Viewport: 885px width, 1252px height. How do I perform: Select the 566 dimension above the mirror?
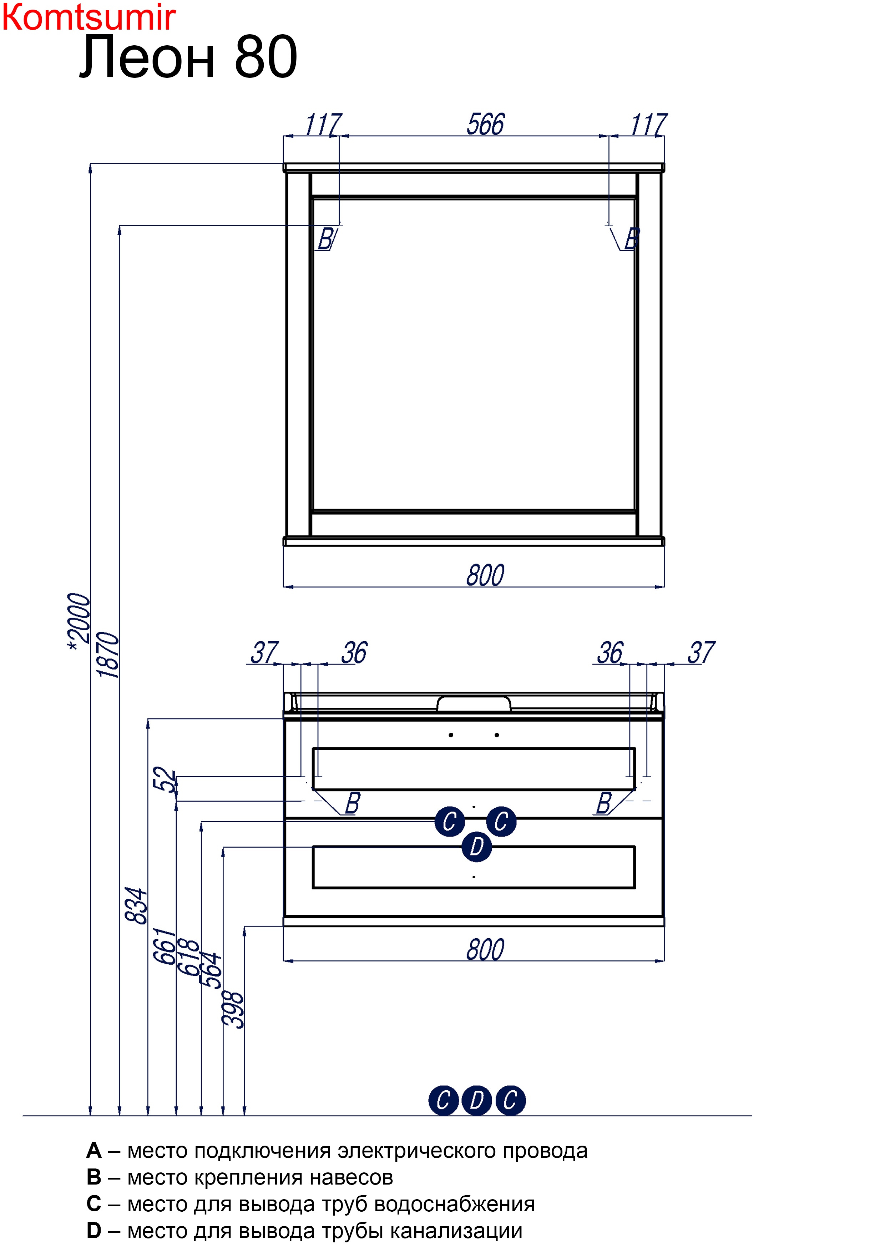coord(485,124)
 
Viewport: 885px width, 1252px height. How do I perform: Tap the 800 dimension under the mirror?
coord(485,575)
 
